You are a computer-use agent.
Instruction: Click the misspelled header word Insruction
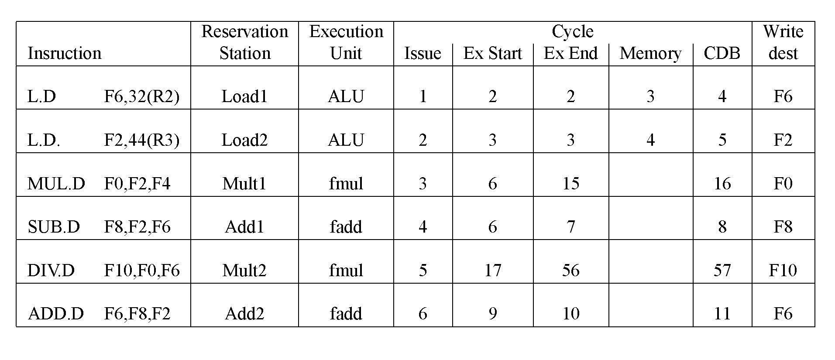(x=64, y=53)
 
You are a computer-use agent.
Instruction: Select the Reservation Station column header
(x=244, y=42)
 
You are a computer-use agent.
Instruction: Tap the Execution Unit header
(x=346, y=42)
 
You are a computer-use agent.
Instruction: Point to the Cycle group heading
(x=572, y=31)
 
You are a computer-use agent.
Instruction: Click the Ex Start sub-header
(x=492, y=53)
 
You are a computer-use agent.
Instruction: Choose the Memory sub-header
(x=650, y=53)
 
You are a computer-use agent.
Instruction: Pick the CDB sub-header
(x=722, y=53)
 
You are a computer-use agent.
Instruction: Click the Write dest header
(x=783, y=42)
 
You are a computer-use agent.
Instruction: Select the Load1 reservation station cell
(x=244, y=96)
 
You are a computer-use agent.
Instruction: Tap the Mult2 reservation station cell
(x=244, y=271)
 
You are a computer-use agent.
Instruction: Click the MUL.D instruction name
(x=56, y=184)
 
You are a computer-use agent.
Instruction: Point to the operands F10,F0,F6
(x=142, y=271)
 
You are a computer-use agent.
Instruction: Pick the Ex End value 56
(x=570, y=271)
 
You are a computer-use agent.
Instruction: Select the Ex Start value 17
(x=492, y=271)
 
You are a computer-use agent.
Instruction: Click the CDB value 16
(x=722, y=184)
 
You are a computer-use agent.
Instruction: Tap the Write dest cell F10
(x=783, y=271)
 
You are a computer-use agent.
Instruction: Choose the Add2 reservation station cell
(x=244, y=314)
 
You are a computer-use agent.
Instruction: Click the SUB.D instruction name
(x=54, y=227)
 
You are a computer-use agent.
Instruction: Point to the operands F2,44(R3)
(x=142, y=140)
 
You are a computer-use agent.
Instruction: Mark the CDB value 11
(x=722, y=314)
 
